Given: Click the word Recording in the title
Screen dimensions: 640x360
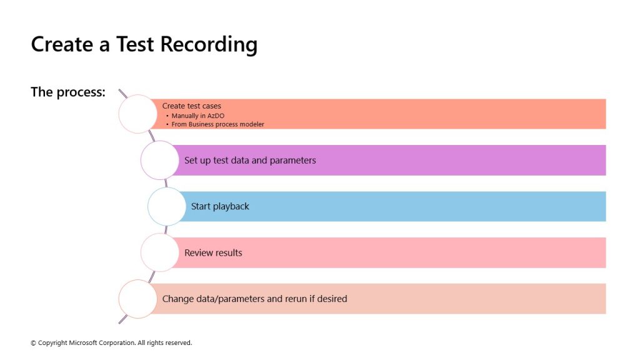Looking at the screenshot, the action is pyautogui.click(x=209, y=44).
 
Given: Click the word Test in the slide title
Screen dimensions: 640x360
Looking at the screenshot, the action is pyautogui.click(x=135, y=44).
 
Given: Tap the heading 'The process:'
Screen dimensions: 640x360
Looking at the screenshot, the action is pyautogui.click(x=68, y=92).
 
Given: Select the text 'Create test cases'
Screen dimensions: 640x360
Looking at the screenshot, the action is pyautogui.click(x=191, y=106).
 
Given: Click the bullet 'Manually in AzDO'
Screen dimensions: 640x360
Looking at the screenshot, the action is pyautogui.click(x=198, y=116).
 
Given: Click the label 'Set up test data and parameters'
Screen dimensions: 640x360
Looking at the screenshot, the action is pyautogui.click(x=250, y=161).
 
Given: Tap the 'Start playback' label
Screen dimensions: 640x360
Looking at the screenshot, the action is pyautogui.click(x=220, y=206).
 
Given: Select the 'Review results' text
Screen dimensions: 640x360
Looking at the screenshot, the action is pyautogui.click(x=213, y=252).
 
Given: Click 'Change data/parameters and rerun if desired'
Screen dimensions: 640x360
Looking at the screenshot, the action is pyautogui.click(x=255, y=299).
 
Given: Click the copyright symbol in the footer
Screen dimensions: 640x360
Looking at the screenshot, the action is pyautogui.click(x=34, y=343).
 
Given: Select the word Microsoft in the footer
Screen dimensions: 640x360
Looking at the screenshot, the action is pyautogui.click(x=82, y=343).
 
